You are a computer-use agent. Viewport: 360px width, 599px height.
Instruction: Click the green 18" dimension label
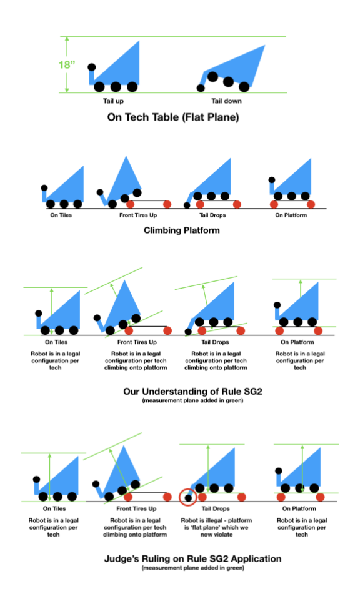coord(67,64)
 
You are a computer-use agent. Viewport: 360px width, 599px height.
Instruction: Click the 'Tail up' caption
coord(113,101)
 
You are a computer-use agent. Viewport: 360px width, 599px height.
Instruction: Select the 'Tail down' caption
coord(227,101)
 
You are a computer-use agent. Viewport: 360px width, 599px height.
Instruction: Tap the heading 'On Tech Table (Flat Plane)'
coord(173,117)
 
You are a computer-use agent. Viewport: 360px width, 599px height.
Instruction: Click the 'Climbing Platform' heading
coord(181,230)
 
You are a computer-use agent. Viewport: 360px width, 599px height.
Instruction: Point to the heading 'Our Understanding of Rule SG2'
coord(192,391)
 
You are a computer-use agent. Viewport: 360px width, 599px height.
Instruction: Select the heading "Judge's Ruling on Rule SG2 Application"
coord(192,558)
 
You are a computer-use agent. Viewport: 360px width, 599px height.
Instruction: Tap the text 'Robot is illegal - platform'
coord(216,520)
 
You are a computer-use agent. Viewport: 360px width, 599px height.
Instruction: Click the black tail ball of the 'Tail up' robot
coord(92,67)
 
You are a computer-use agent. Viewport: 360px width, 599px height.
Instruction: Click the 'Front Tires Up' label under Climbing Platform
coord(138,215)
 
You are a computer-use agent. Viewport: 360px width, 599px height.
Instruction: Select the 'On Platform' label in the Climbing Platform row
coord(291,215)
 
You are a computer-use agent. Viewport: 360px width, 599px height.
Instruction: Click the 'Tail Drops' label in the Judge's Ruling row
coord(216,508)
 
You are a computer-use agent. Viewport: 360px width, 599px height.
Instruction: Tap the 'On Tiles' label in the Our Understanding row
coord(56,342)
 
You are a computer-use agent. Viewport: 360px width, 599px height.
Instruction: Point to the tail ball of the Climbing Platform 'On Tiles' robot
coord(44,188)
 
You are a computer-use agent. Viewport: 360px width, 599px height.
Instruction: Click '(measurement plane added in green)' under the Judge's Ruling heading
coord(192,568)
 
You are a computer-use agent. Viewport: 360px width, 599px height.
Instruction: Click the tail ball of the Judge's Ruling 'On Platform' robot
coord(279,471)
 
